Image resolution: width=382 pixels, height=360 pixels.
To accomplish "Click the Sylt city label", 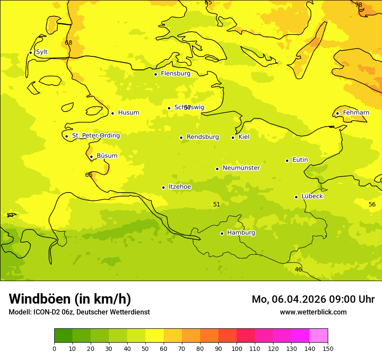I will [42, 52].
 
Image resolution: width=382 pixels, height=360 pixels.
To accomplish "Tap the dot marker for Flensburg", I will [155, 74].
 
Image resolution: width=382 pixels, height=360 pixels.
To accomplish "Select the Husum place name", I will [128, 113].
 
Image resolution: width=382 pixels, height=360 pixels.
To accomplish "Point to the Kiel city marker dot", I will [233, 137].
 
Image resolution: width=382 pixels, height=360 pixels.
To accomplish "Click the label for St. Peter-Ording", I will [96, 136].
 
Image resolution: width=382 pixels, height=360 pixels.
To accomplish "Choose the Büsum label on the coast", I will [107, 156].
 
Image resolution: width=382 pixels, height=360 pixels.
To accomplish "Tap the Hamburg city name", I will [241, 233].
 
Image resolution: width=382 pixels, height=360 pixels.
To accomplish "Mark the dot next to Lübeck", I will [296, 197].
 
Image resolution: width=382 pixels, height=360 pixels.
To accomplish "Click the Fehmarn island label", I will [356, 113].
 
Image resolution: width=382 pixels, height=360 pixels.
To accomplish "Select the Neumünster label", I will [241, 168].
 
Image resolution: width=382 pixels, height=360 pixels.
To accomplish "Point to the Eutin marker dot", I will [287, 160].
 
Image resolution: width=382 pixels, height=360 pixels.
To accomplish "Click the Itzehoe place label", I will [180, 187].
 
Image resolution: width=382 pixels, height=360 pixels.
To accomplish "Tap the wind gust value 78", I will [359, 5].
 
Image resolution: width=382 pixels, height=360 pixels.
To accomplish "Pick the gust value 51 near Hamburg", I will [217, 204].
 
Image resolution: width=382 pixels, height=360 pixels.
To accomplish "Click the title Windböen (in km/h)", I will [70, 299].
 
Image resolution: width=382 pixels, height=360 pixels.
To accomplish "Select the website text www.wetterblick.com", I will [313, 312].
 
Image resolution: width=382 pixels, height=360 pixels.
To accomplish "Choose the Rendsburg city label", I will [203, 137].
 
